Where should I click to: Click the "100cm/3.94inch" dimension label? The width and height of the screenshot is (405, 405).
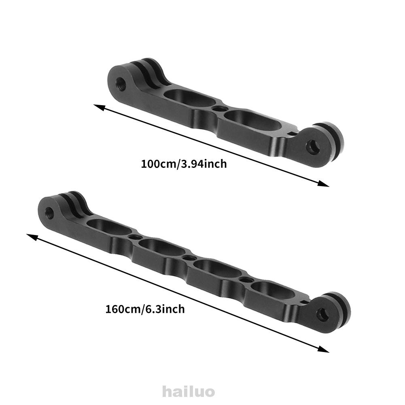pyautogui.click(x=184, y=164)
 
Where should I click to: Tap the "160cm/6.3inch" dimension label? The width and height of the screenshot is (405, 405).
pyautogui.click(x=145, y=310)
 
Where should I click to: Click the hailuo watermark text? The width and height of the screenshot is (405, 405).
pyautogui.click(x=188, y=392)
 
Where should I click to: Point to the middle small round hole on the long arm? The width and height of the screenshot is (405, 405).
pyautogui.click(x=188, y=257)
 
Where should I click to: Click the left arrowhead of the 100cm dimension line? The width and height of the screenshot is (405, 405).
pyautogui.click(x=97, y=107)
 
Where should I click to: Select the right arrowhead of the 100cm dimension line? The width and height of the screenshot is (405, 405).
pyautogui.click(x=326, y=185)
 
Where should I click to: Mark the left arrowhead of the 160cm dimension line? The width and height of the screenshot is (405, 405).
pyautogui.click(x=30, y=236)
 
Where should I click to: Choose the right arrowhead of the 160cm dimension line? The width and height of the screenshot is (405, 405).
pyautogui.click(x=326, y=350)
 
